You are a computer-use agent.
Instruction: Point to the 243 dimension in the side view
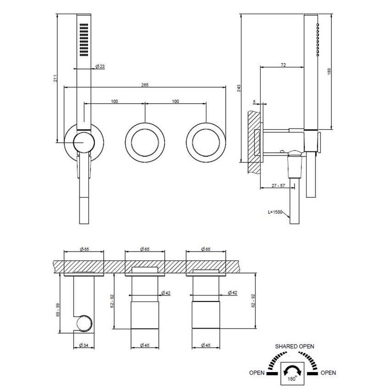239,88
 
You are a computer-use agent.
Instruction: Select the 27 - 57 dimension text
280,185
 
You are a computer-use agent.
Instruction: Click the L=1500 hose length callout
276,213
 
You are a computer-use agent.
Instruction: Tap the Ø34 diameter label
84,345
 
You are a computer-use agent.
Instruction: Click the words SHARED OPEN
294,346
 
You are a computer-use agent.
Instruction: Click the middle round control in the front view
145,142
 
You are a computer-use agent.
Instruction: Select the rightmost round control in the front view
206,142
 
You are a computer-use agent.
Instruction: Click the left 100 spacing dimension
114,101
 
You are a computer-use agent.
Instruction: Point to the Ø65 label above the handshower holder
84,249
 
